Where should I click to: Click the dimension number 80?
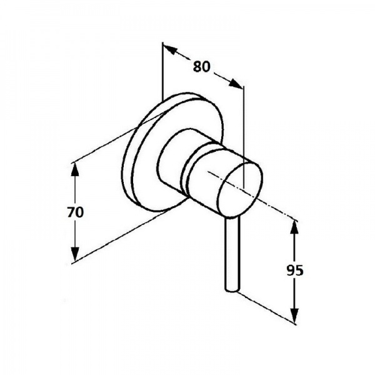pos(201,66)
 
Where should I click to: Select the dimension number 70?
pos(76,212)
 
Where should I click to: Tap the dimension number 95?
pos(295,270)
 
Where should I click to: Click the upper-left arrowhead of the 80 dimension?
pos(170,49)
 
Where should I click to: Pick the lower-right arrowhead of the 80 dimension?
pos(236,83)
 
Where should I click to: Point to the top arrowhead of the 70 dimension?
pos(76,169)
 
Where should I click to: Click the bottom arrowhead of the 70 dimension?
pos(76,254)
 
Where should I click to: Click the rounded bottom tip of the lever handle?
pos(232,290)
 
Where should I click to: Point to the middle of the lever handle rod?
pos(232,254)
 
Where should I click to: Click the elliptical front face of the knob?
pos(240,191)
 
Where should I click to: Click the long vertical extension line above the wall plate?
pos(162,71)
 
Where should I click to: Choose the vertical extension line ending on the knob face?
pos(244,137)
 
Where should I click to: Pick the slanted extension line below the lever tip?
pos(266,307)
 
